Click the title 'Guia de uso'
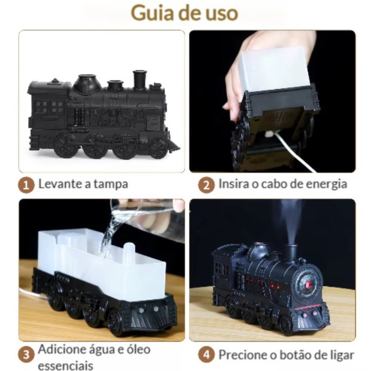184,13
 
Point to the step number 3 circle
26,355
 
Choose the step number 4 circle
206,355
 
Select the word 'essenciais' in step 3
66,365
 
